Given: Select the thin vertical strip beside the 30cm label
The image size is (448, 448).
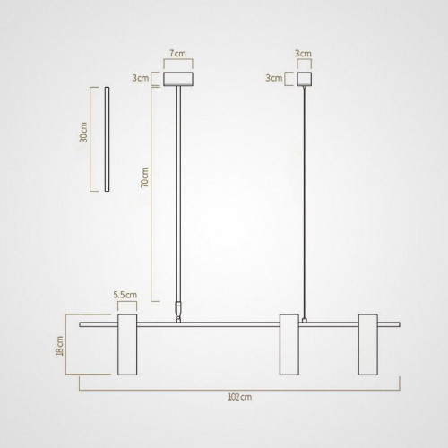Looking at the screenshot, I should [107, 139].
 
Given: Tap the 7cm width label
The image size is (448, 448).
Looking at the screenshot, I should [179, 54].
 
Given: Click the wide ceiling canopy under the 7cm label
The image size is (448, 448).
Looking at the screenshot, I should [179, 79].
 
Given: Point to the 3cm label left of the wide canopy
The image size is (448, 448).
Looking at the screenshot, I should [140, 79].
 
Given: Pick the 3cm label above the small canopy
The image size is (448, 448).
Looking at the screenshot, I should [305, 54].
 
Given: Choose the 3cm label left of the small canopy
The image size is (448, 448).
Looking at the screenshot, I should [275, 79].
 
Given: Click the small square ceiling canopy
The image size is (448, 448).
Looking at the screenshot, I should [305, 79].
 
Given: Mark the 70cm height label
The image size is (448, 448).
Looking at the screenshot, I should [146, 178].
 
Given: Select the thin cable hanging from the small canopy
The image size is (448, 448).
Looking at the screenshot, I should [305, 197].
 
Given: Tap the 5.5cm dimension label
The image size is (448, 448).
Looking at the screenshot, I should [125, 293].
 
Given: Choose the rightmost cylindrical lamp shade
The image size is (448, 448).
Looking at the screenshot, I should [369, 345].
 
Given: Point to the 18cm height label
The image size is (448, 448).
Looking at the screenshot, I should [60, 345].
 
